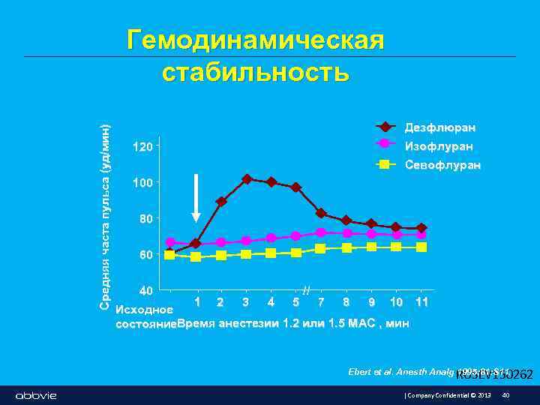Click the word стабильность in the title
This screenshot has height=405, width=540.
click(256, 73)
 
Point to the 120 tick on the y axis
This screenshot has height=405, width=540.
click(142, 146)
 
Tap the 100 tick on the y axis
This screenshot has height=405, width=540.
click(142, 183)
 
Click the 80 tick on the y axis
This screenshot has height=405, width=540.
click(145, 219)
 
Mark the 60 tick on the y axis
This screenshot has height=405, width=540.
click(145, 255)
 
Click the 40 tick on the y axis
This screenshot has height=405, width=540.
click(145, 290)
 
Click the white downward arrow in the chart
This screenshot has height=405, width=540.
click(196, 197)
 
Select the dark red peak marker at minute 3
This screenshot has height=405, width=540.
click(247, 179)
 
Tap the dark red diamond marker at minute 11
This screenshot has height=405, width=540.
click(421, 228)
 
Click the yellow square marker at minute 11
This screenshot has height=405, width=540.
click(421, 247)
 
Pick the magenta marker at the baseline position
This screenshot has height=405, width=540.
click(170, 243)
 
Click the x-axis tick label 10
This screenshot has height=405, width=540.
click(396, 302)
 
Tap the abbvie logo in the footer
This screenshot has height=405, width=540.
click(36, 395)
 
